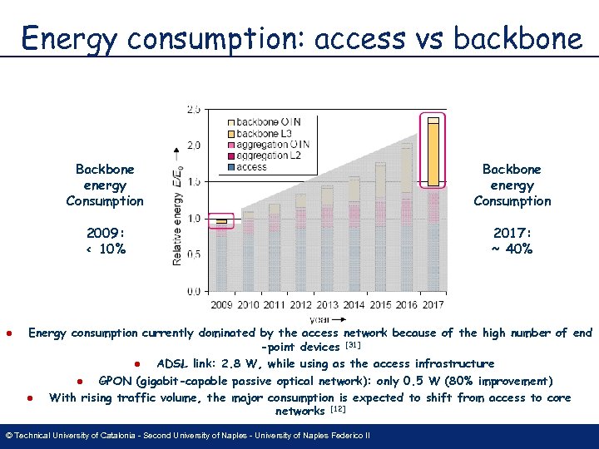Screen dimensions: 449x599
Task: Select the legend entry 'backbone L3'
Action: click(263, 133)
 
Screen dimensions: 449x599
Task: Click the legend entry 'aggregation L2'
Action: click(268, 155)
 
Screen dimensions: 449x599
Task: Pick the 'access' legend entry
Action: click(250, 166)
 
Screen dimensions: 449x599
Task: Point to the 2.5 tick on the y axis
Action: click(193, 109)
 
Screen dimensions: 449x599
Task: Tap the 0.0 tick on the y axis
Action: click(193, 291)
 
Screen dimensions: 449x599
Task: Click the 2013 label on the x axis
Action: click(327, 305)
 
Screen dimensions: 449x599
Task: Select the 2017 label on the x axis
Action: click(433, 305)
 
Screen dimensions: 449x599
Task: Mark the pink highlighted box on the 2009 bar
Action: click(221, 221)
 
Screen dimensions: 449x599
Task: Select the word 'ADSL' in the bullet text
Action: click(172, 364)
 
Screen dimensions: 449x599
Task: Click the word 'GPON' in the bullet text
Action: click(116, 381)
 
